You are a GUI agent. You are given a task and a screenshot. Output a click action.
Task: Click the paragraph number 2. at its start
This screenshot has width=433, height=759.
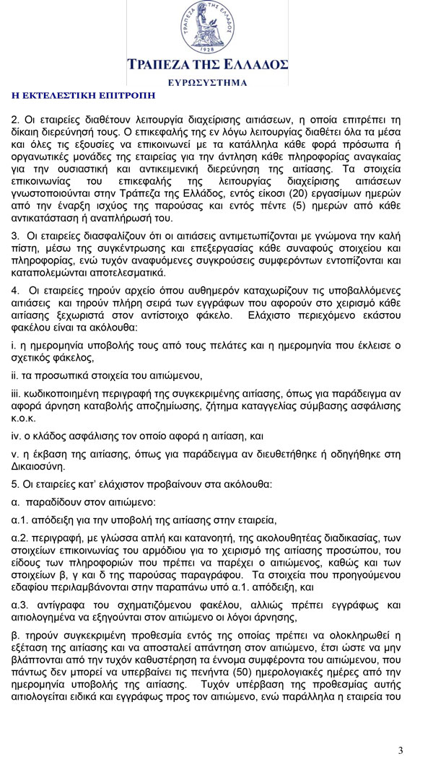(x=15, y=119)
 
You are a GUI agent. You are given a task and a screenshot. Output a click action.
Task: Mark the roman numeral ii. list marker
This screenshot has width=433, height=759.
(x=14, y=375)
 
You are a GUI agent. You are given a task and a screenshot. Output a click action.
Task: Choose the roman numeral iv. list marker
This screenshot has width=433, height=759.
(x=16, y=436)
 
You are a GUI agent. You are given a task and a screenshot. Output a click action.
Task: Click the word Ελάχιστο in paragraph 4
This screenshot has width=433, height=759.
(x=271, y=315)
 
